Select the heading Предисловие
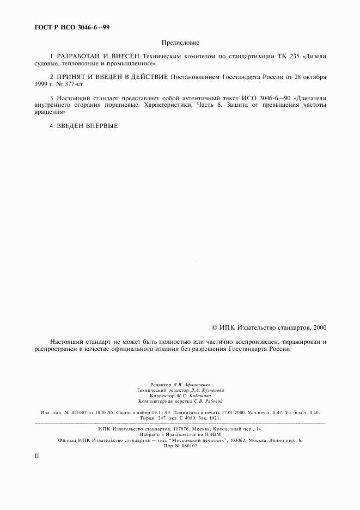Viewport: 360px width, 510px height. (180, 42)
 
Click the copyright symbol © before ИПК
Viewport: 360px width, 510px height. (215, 328)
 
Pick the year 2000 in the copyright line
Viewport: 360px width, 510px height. (319, 328)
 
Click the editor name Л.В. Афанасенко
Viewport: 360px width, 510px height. (194, 385)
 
